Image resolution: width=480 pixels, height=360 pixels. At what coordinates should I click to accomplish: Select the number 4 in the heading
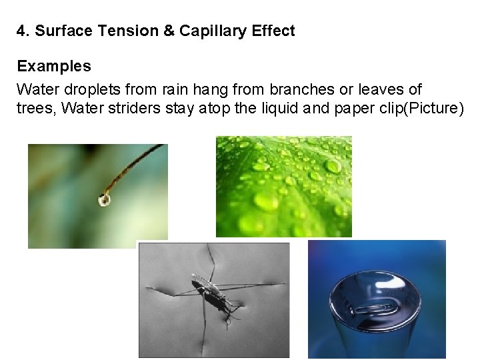21,31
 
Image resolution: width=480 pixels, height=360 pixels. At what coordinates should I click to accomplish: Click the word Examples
54,67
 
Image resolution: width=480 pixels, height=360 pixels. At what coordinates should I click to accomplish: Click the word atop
215,109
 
